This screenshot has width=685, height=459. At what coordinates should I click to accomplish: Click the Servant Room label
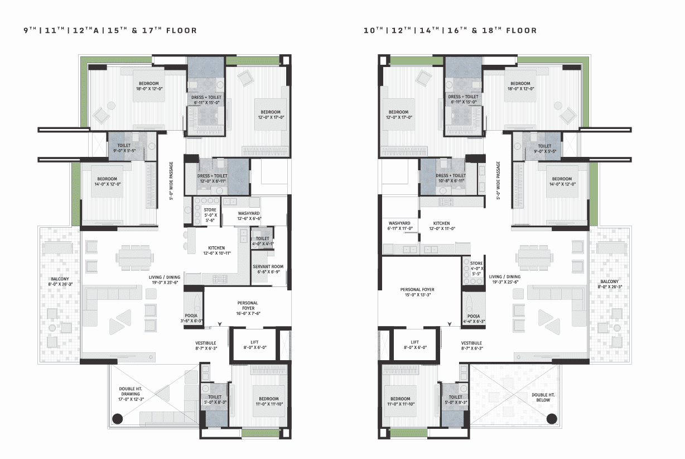[268, 269]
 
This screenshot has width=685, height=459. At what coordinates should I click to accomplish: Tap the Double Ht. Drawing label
[131, 394]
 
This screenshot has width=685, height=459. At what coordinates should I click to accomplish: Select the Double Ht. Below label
[543, 398]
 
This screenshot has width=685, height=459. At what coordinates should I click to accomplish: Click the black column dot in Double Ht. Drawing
[118, 419]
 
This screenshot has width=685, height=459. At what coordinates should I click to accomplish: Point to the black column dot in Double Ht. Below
[552, 419]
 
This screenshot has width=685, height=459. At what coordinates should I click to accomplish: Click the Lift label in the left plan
[255, 345]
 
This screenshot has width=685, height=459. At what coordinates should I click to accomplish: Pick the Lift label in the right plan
[415, 345]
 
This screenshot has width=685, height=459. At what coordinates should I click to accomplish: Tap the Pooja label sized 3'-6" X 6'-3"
[191, 318]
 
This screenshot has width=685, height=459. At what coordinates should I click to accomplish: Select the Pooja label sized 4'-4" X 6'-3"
[474, 319]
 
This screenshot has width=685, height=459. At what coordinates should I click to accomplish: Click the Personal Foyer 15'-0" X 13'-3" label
[417, 292]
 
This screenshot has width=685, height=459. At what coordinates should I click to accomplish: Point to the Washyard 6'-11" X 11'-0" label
[400, 226]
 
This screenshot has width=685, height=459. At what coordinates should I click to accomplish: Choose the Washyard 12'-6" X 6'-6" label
[249, 216]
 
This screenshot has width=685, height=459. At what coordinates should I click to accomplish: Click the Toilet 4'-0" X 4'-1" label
[263, 241]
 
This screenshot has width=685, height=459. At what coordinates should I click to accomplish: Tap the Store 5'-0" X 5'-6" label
[210, 215]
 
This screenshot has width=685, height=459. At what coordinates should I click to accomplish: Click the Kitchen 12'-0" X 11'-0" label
[442, 226]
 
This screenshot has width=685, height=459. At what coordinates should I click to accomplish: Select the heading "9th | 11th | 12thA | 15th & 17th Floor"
[110, 30]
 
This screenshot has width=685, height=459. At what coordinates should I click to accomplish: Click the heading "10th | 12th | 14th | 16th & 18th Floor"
[450, 30]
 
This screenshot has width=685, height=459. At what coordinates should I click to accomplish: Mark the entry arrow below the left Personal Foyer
[220, 324]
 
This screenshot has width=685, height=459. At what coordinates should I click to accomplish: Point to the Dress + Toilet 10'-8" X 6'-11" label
[451, 178]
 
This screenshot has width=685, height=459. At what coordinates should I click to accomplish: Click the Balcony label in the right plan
[610, 284]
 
